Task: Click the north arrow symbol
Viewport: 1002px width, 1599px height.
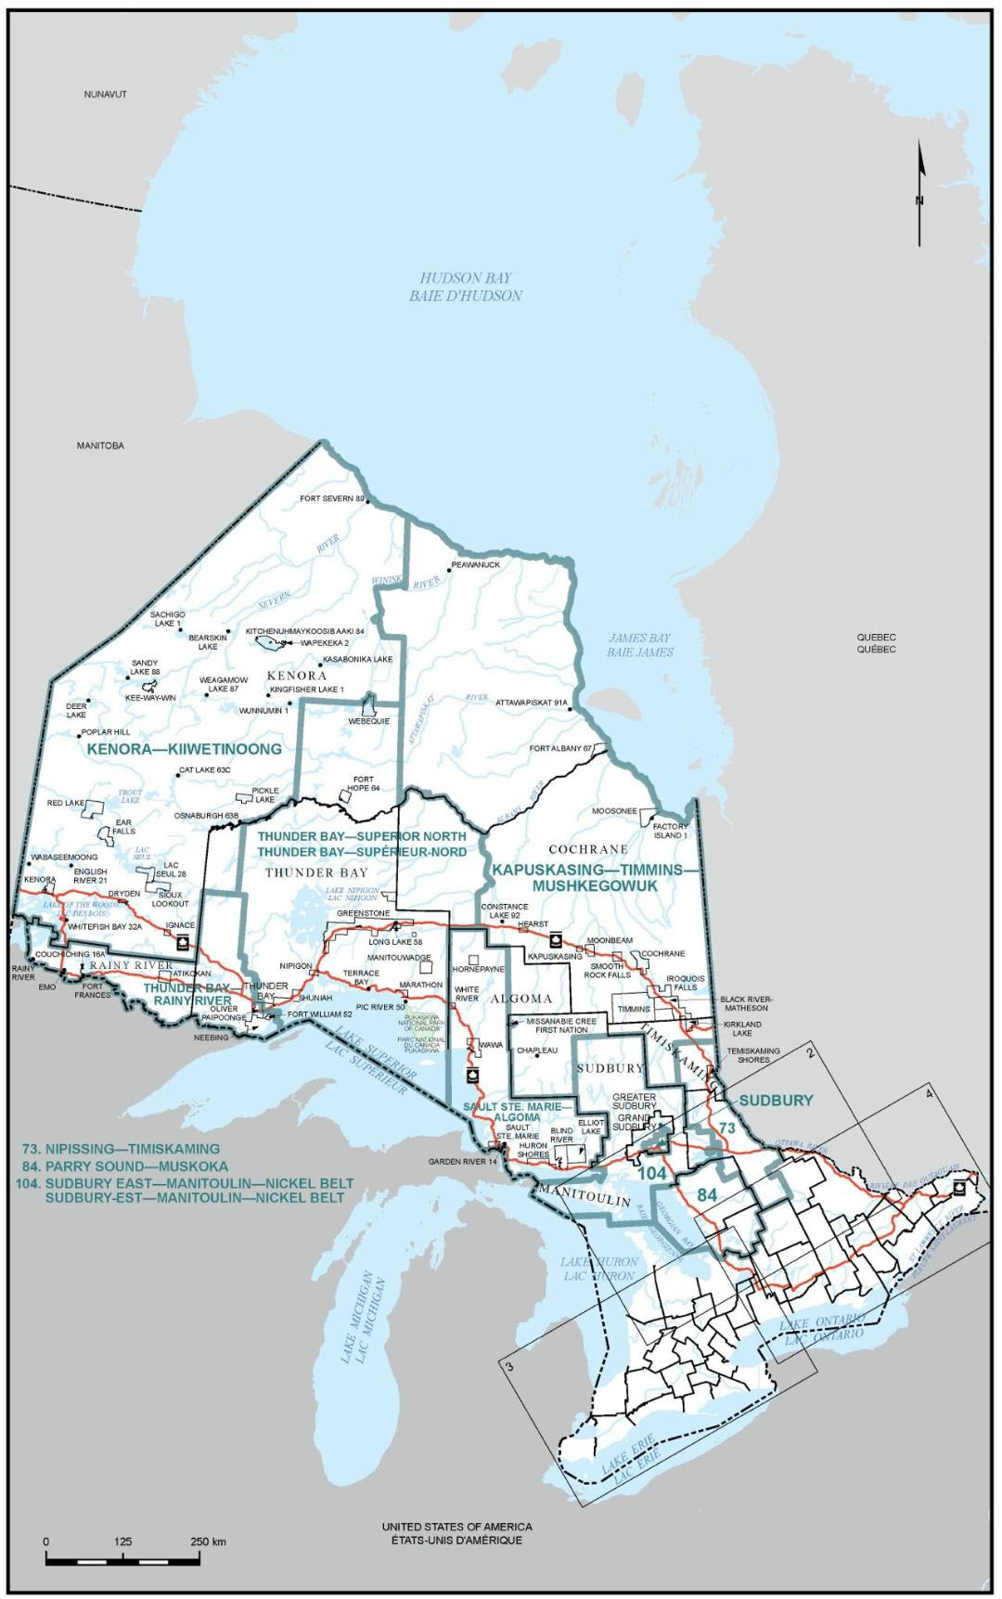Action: coord(919,194)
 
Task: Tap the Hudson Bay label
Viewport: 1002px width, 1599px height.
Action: coord(465,287)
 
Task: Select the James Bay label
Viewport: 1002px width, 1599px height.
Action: coord(639,645)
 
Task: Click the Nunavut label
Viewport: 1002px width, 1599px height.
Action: coord(105,95)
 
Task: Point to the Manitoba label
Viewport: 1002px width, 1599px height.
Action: coord(100,445)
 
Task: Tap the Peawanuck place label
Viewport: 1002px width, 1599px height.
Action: coord(476,564)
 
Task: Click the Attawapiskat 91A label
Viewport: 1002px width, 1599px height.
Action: coord(531,703)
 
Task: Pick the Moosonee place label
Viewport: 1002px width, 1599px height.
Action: coord(614,810)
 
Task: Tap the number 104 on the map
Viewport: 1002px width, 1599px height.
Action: coord(653,1174)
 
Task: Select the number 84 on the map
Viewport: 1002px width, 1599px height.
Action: coord(707,1195)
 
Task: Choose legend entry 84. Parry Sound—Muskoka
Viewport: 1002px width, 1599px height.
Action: coord(135,1166)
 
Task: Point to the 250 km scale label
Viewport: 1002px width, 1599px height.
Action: coord(209,1541)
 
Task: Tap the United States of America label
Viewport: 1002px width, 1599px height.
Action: coord(456,1527)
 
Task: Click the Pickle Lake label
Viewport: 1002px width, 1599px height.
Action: coord(265,795)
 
